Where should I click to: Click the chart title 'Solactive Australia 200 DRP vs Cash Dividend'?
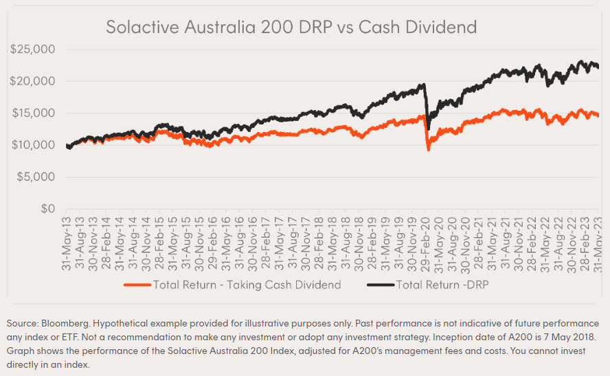[x=291, y=27]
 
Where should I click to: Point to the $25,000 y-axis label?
[x=34, y=49]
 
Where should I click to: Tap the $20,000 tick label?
[x=34, y=81]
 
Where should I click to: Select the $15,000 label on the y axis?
[x=34, y=113]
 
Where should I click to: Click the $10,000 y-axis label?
[x=34, y=145]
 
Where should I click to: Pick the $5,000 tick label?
[x=36, y=177]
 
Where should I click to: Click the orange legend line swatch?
[x=137, y=285]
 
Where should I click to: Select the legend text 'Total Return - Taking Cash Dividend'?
[x=247, y=285]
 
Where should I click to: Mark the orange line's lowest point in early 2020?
[x=428, y=149]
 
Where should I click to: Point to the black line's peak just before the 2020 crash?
[x=424, y=85]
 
